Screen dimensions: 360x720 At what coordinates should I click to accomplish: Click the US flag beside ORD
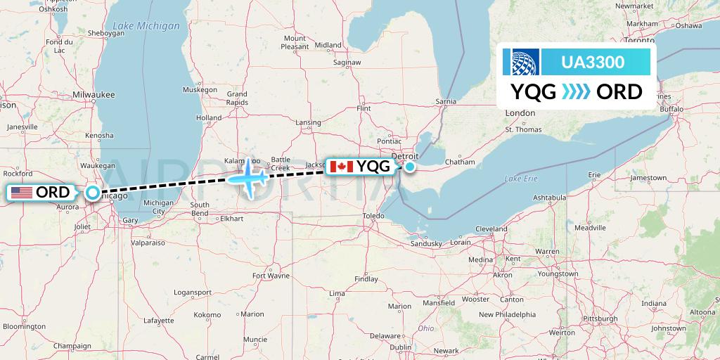(20, 192)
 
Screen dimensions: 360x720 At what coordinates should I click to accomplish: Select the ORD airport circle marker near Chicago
(93, 192)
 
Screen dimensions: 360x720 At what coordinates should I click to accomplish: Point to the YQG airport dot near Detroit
(409, 167)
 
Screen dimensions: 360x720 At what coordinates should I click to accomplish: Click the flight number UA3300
(593, 62)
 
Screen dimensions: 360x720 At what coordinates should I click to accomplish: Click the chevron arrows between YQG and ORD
(577, 92)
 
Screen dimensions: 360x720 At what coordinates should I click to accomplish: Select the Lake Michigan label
(146, 26)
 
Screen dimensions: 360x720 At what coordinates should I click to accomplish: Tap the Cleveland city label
(491, 229)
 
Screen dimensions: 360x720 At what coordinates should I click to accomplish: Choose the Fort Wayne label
(271, 276)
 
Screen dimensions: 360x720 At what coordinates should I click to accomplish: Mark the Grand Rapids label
(236, 98)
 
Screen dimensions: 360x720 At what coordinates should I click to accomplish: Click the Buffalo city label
(671, 110)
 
